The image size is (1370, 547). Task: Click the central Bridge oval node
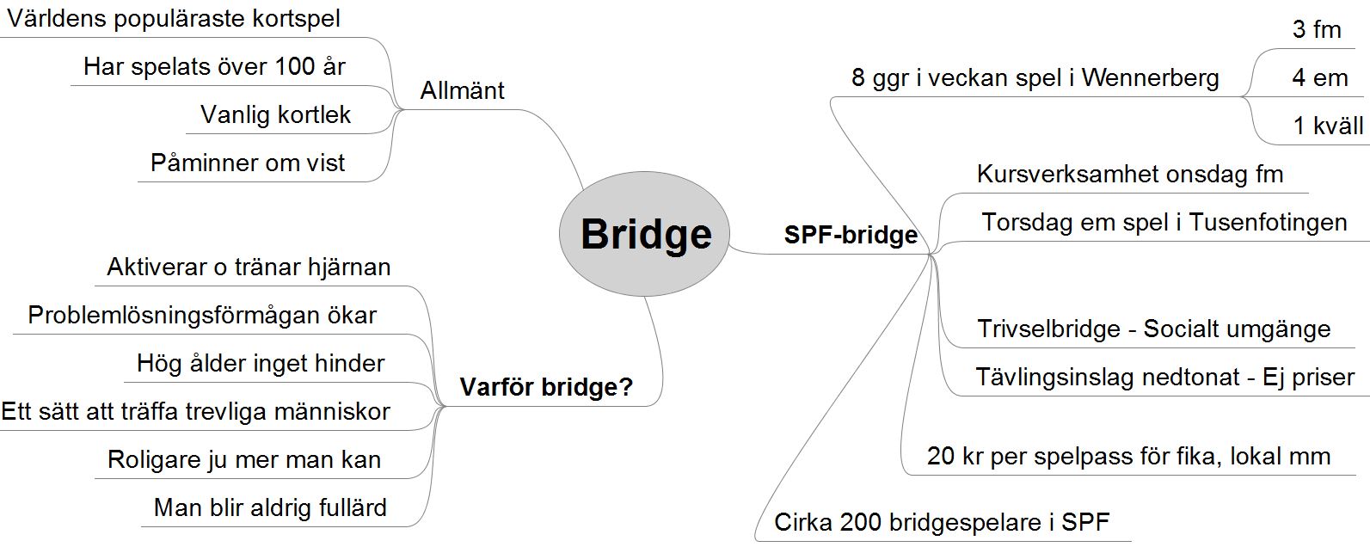[x=645, y=234]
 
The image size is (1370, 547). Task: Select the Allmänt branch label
[x=462, y=90]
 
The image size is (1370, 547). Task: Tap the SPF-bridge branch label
[x=850, y=235]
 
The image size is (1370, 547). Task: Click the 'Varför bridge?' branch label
[x=546, y=387]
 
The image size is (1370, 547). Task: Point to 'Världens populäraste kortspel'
[x=174, y=19]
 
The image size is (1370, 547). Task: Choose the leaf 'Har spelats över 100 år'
[x=214, y=66]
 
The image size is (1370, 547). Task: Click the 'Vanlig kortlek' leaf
[x=275, y=114]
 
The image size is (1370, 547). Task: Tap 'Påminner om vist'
[x=248, y=163]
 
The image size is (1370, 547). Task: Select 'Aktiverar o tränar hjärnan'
[x=249, y=267]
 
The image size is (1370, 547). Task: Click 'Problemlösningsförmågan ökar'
[x=202, y=315]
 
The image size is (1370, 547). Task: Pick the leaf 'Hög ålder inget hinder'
[x=261, y=363]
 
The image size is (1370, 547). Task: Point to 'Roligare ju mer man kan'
[x=244, y=459]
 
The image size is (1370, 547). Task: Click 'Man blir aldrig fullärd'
[x=270, y=507]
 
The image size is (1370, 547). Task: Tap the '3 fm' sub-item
[x=1317, y=29]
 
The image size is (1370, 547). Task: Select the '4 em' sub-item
[x=1319, y=77]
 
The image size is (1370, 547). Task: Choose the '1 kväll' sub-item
[x=1328, y=126]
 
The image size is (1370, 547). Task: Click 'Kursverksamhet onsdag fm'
[x=1129, y=175]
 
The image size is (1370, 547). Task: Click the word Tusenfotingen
[x=1268, y=222]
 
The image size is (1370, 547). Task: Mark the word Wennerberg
[x=1150, y=78]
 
